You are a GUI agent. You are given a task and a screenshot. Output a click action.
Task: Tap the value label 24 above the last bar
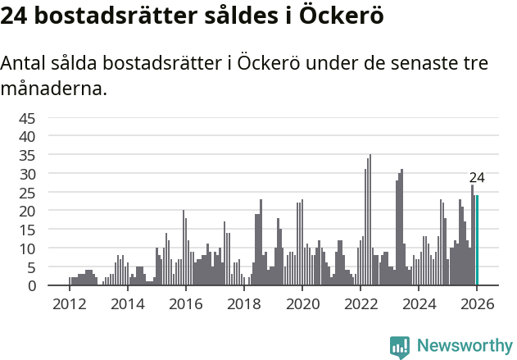coord(477,177)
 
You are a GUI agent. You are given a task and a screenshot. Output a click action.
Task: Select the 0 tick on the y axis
coord(32,285)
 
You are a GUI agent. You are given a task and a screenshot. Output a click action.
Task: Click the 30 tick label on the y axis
coord(28,173)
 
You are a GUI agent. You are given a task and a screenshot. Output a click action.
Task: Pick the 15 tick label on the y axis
coord(28,230)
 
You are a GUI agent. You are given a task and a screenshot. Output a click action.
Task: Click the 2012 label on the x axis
coord(69,304)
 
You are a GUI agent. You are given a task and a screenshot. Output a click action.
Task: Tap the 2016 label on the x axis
coord(185,304)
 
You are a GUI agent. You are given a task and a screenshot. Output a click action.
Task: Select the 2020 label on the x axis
coord(302,304)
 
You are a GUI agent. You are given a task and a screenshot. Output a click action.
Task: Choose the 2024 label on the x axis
coord(418,304)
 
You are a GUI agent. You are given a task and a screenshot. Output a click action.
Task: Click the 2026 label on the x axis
coord(476,304)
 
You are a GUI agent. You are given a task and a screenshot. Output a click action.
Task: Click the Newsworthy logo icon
coord(400,346)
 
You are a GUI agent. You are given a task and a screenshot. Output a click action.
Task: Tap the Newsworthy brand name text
coord(464,346)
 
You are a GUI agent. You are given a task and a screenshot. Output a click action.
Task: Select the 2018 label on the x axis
coord(243,304)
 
